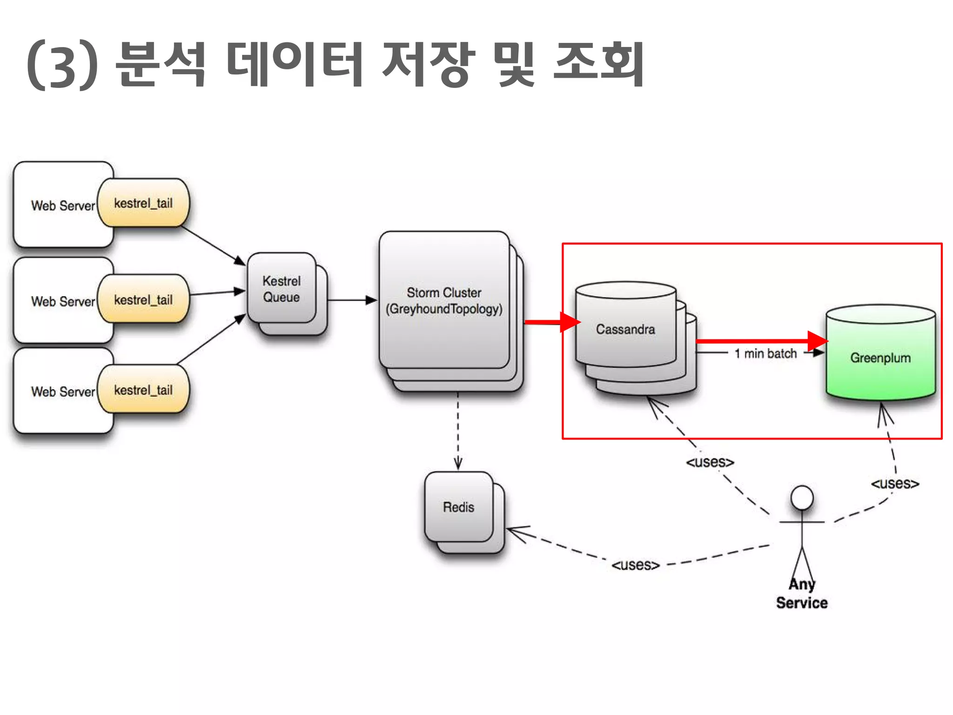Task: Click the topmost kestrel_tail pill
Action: click(x=143, y=203)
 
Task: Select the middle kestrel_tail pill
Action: click(x=143, y=299)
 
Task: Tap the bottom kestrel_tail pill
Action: click(x=143, y=390)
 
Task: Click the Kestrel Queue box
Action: click(x=282, y=289)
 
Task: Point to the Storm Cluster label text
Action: click(x=444, y=300)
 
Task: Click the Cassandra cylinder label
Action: click(x=625, y=329)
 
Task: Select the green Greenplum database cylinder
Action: click(x=880, y=357)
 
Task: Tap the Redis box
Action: click(x=458, y=507)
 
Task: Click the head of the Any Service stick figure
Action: click(x=802, y=498)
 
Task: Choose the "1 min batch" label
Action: click(x=765, y=354)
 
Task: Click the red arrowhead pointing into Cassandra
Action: click(x=570, y=322)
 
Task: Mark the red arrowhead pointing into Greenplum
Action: click(x=817, y=341)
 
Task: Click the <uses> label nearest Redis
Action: click(x=635, y=565)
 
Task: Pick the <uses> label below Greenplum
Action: click(x=895, y=484)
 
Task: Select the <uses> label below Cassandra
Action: click(x=710, y=462)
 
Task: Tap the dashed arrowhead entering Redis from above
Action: click(x=458, y=463)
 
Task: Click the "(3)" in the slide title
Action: click(x=63, y=65)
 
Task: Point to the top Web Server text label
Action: click(x=63, y=206)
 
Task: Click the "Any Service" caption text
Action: click(x=802, y=594)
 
